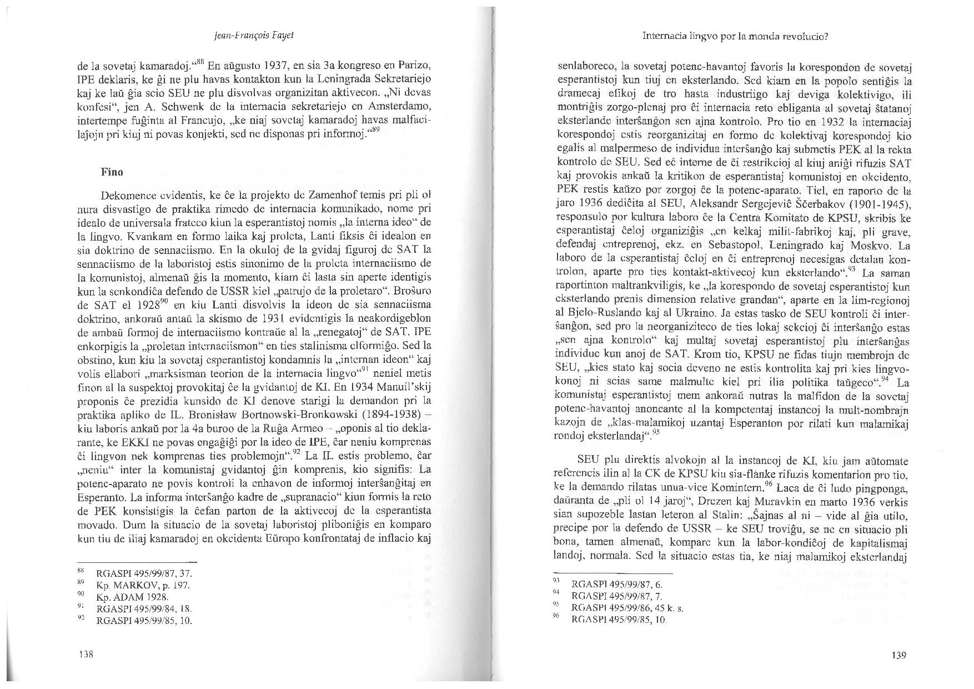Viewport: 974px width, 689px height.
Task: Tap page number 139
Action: click(x=898, y=655)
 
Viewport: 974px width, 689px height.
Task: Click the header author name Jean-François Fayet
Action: click(x=254, y=36)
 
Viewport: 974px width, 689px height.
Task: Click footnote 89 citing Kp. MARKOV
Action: click(x=143, y=586)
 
